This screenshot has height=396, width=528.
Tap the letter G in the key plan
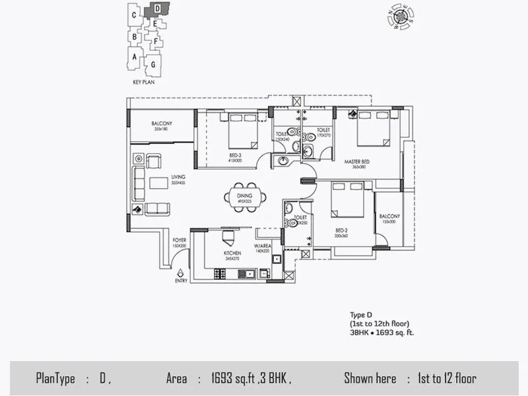click(x=153, y=64)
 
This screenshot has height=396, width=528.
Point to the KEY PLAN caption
click(x=143, y=83)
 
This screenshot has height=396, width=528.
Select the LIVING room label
click(x=178, y=177)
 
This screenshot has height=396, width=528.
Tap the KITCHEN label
click(x=232, y=253)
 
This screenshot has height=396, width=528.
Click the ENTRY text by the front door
click(x=181, y=280)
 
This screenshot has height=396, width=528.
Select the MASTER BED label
click(x=356, y=162)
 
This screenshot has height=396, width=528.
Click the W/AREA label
click(x=263, y=247)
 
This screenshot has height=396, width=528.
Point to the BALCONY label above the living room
click(x=162, y=123)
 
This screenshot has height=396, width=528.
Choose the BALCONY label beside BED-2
click(x=389, y=216)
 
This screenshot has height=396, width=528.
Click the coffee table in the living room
click(x=158, y=183)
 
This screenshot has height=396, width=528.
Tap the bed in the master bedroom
click(x=374, y=127)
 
